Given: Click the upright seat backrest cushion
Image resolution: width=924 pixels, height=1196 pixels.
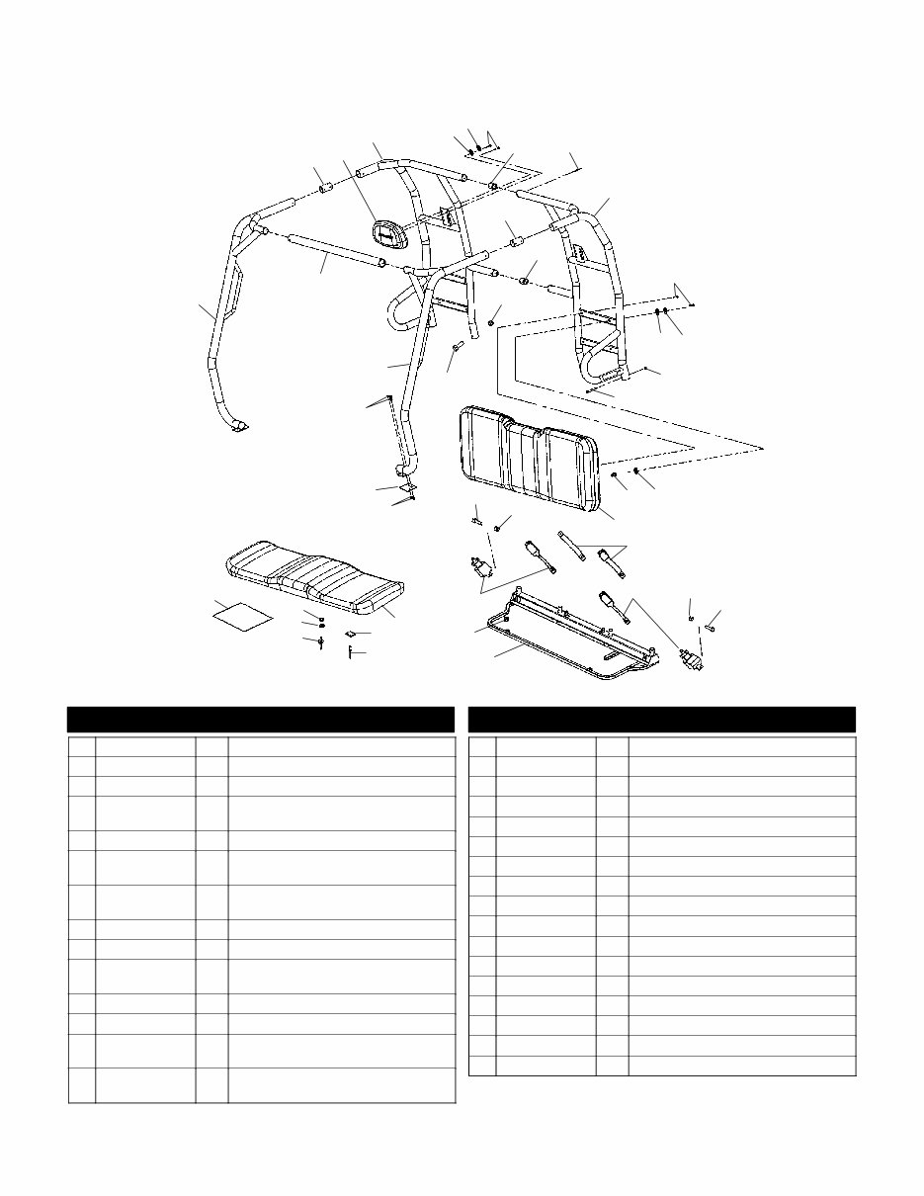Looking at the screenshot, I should click(x=529, y=460).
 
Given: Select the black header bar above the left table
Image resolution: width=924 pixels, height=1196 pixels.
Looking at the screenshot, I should click(x=261, y=719).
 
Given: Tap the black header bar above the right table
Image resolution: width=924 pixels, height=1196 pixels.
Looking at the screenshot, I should click(x=661, y=719).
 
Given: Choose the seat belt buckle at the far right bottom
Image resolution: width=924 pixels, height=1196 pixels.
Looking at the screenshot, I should click(x=692, y=660).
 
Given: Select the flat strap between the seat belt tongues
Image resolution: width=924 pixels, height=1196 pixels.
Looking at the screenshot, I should click(x=571, y=545).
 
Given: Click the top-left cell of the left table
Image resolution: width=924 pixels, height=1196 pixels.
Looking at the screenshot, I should click(x=81, y=746).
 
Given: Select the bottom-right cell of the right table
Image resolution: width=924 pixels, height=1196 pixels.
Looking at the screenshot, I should click(x=741, y=1066).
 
